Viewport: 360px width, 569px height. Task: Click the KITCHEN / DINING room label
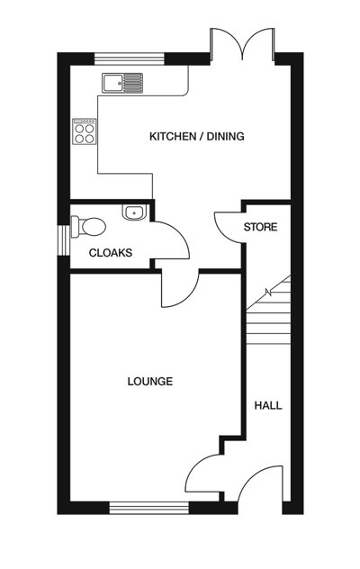click(196, 137)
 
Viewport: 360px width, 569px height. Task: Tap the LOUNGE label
click(149, 382)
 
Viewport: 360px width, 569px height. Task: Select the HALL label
click(267, 406)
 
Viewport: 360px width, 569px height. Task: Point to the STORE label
click(260, 228)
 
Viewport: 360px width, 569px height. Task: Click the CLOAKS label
click(110, 253)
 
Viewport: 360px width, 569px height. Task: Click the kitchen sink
click(123, 84)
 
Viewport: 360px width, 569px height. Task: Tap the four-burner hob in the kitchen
click(85, 132)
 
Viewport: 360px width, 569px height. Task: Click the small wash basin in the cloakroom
click(134, 213)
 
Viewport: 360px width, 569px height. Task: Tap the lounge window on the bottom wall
click(149, 509)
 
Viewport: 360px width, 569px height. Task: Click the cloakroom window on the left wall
click(64, 239)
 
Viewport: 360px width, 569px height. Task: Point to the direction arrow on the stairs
click(267, 292)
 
